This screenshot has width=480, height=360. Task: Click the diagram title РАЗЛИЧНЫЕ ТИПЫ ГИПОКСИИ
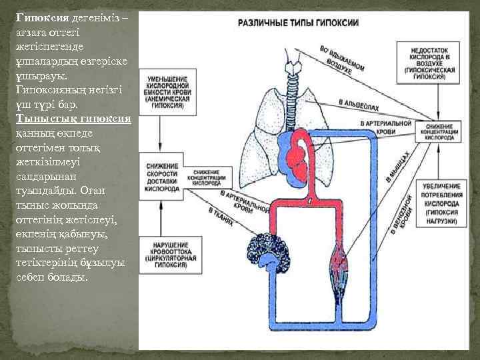pos(298,22)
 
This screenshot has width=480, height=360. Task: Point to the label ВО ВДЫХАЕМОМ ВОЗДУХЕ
pos(341,59)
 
